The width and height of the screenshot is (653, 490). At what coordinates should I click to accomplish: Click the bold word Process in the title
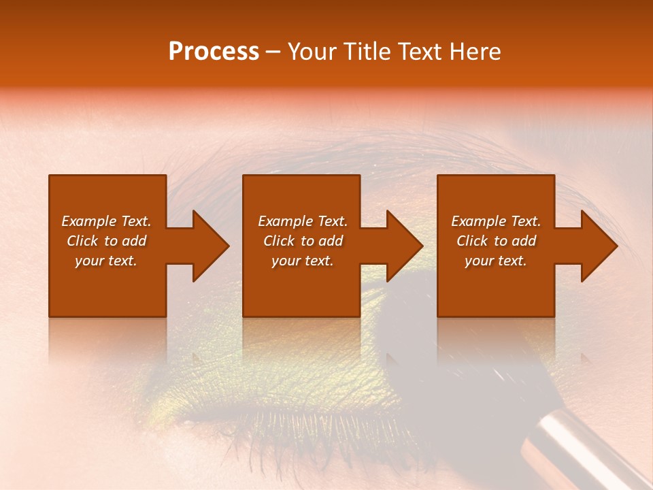214,52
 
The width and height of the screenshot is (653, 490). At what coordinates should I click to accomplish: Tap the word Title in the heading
369,52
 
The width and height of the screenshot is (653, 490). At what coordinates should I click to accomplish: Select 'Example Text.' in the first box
106,221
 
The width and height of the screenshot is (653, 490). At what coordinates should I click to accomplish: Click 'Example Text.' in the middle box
303,221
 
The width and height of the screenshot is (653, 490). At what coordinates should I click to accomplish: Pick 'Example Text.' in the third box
496,221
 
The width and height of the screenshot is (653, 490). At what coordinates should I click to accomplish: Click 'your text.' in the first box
106,261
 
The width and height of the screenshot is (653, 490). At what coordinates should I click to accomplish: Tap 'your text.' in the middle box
303,261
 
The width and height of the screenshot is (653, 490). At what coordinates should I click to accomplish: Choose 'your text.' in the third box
496,261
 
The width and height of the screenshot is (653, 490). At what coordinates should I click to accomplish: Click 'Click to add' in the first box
106,241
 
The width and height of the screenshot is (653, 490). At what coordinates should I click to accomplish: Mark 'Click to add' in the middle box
303,241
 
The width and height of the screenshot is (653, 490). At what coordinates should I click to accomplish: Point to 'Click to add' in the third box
496,241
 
